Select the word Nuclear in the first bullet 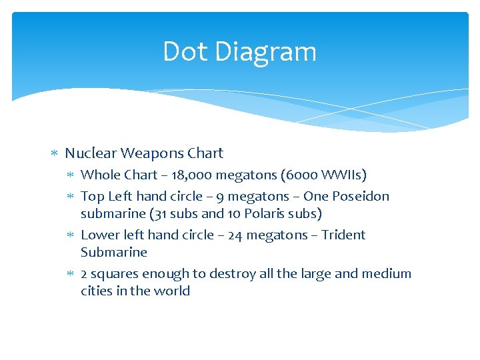pyautogui.click(x=89, y=153)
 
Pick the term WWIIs pyautogui.click(x=344, y=175)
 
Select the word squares pyautogui.click(x=115, y=273)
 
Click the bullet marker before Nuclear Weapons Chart pyautogui.click(x=55, y=154)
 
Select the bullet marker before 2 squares pyautogui.click(x=71, y=274)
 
